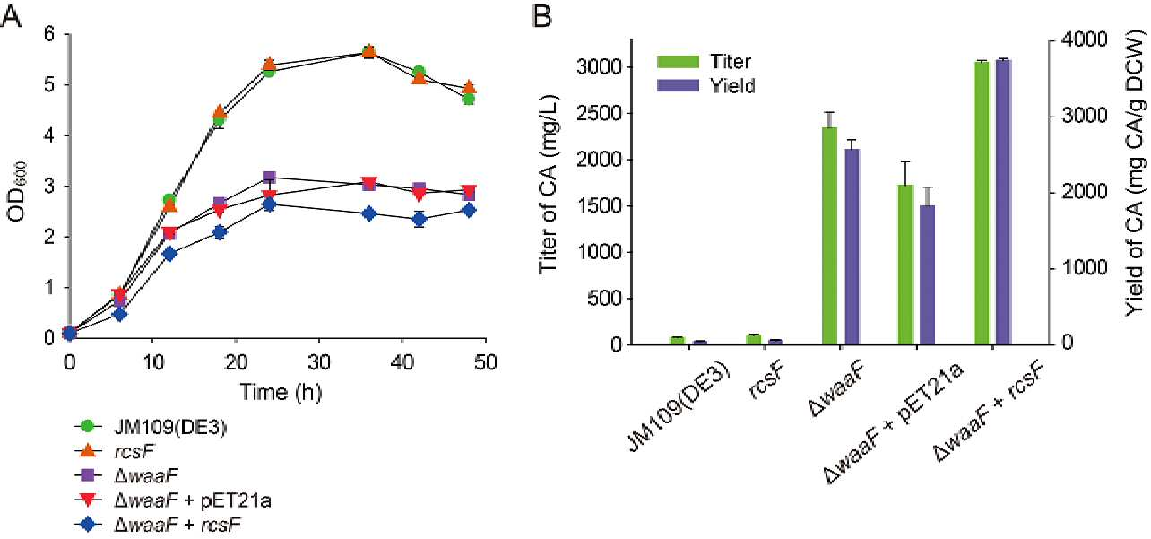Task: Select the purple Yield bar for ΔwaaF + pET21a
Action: coord(928,275)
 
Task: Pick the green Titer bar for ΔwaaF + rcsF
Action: coord(982,204)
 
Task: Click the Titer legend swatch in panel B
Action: coord(678,62)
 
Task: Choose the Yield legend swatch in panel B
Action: coord(678,85)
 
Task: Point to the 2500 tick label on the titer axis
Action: coord(598,114)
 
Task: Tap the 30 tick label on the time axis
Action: coord(319,363)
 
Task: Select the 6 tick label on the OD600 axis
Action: coord(49,34)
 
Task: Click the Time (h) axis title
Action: coord(281,393)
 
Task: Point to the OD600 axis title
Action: coord(17,191)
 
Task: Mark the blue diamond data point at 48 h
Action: coord(469,211)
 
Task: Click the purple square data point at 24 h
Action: coord(269,178)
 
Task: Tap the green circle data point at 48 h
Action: coord(469,99)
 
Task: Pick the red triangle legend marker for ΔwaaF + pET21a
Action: coord(89,500)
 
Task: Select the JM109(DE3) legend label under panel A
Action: coord(170,427)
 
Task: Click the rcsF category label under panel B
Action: coord(767,380)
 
